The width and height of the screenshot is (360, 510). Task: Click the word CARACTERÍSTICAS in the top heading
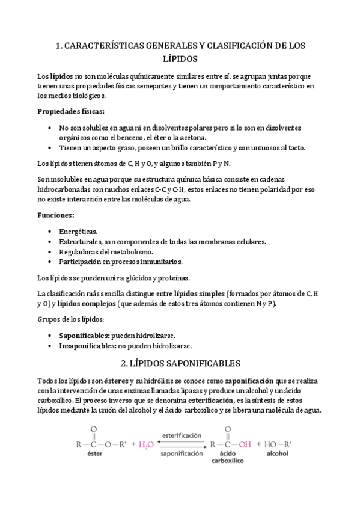click(105, 45)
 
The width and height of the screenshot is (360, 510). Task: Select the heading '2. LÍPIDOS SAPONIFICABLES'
click(180, 363)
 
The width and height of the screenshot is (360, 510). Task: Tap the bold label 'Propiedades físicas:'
click(71, 112)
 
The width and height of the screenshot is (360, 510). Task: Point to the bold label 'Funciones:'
click(56, 215)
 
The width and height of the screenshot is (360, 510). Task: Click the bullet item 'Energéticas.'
click(78, 231)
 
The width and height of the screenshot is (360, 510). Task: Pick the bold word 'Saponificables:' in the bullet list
click(81, 335)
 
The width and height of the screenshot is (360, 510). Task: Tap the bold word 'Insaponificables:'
click(88, 346)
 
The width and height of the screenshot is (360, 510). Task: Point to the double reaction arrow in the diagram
click(182, 444)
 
